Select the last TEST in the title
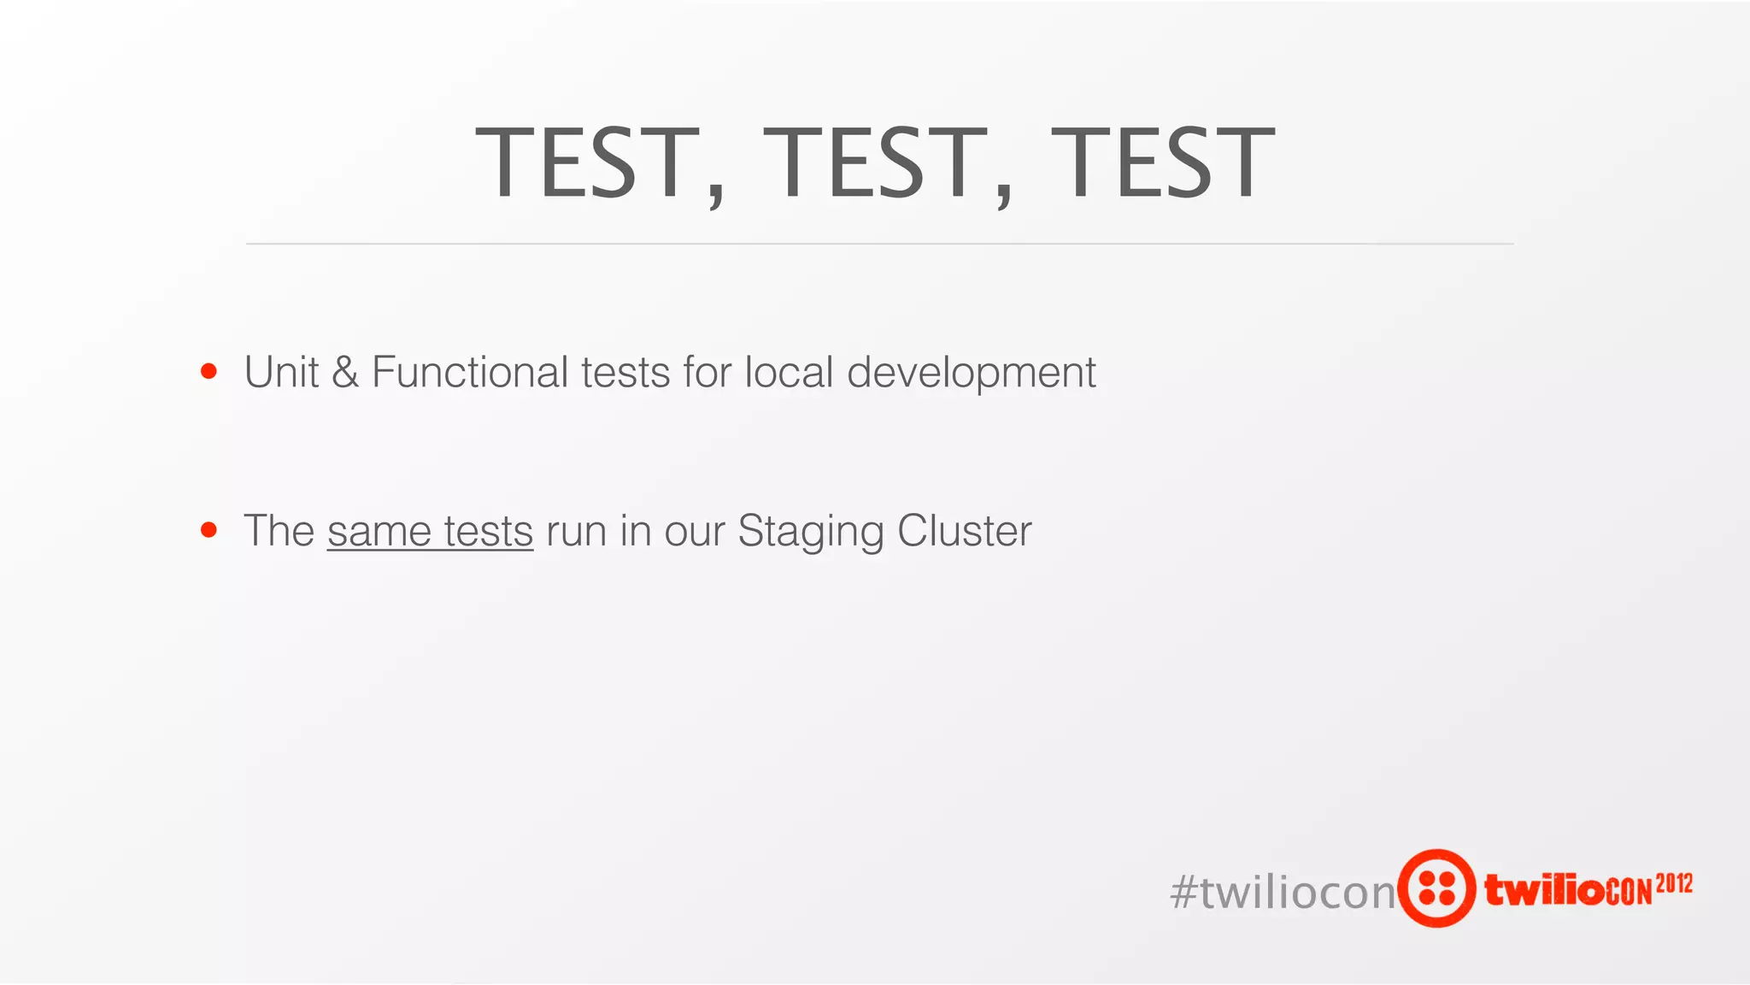1162,162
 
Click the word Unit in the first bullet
281,372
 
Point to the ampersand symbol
345,373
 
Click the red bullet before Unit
208,372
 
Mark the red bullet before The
208,530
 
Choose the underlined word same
379,532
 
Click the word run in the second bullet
576,532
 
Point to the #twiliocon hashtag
1282,893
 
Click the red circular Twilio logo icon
1436,888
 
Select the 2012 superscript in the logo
1674,883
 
